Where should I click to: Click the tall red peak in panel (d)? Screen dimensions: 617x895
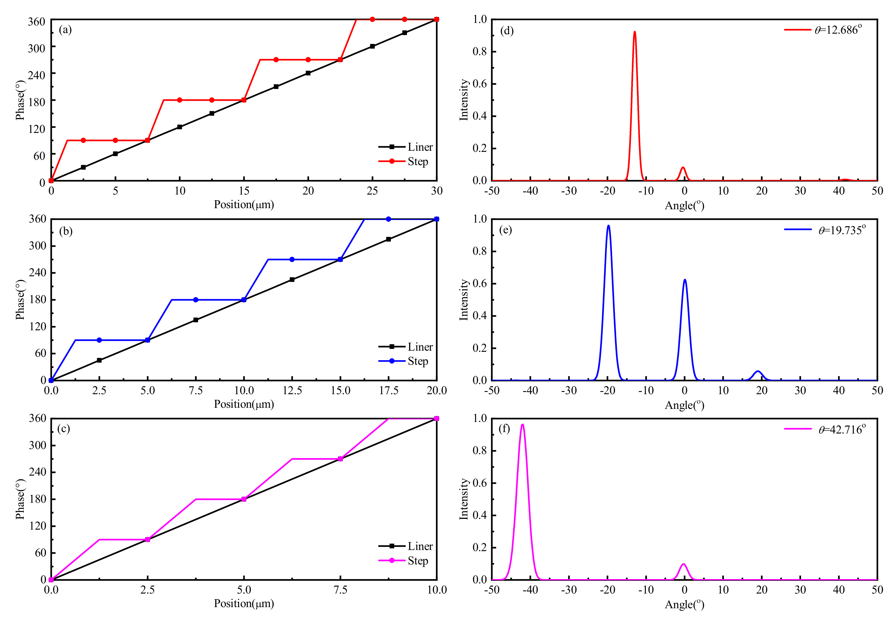635,33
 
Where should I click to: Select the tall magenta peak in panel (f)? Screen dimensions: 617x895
523,425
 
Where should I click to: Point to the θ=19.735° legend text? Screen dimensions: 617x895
842,230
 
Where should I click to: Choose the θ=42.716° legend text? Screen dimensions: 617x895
842,430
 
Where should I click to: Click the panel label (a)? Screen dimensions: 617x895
65,30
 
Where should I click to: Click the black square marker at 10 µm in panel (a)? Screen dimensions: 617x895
179,127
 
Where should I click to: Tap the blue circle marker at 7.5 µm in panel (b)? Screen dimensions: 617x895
196,300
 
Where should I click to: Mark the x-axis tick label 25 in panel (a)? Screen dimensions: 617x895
372,191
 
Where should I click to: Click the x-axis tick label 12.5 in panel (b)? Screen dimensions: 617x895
292,391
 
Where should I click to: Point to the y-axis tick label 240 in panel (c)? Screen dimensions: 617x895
38,472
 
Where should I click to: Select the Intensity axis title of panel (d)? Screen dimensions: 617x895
463,100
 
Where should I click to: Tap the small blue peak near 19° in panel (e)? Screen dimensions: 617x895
758,372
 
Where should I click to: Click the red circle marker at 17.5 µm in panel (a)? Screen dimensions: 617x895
276,60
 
